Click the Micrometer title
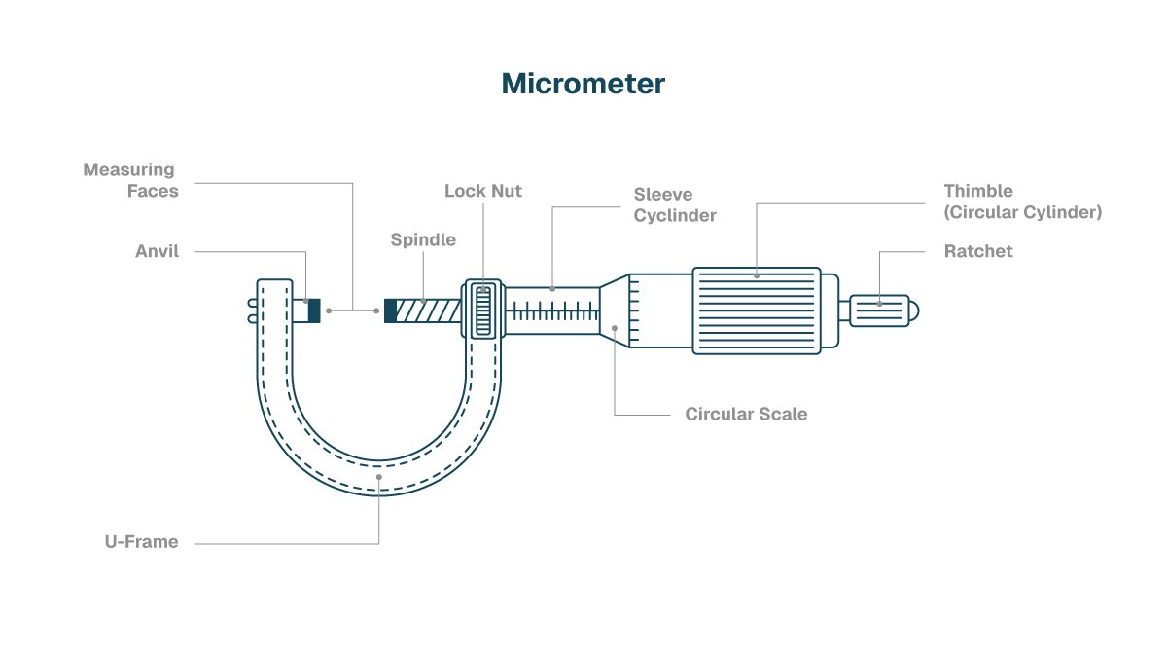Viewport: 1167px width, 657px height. click(583, 84)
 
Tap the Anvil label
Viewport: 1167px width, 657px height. click(157, 251)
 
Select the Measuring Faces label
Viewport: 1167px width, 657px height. click(130, 180)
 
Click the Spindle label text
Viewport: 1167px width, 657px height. click(423, 239)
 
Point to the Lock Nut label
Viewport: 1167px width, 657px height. click(482, 191)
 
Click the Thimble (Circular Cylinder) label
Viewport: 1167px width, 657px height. click(1021, 201)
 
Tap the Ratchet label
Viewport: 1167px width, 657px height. click(977, 251)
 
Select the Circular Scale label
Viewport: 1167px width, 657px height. click(746, 414)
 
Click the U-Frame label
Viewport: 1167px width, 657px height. click(142, 542)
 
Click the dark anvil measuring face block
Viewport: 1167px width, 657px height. click(313, 310)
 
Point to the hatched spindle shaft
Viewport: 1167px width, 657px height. click(429, 310)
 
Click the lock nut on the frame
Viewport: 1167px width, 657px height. click(484, 310)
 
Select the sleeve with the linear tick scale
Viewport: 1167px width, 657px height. click(551, 310)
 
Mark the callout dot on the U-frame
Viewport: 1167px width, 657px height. click(378, 477)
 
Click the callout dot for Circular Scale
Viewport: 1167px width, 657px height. click(615, 328)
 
